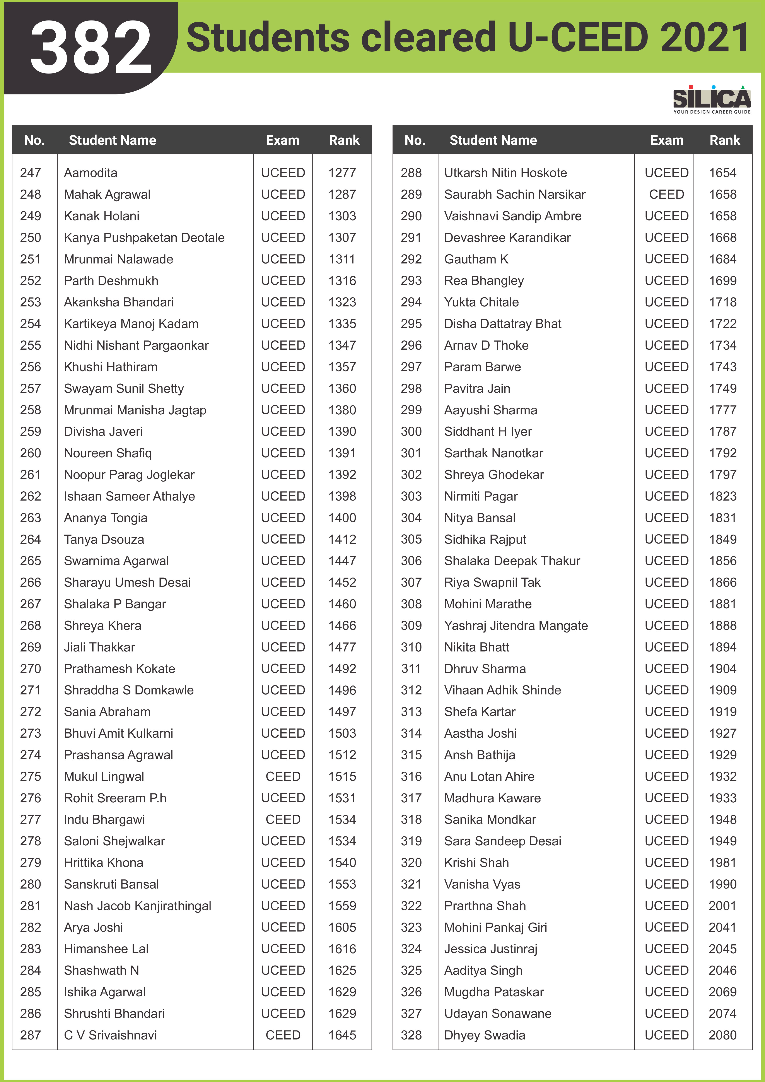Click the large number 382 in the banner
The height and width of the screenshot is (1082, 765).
coord(91,47)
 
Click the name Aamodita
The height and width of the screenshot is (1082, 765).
coord(91,173)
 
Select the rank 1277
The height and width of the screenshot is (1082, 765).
coord(342,173)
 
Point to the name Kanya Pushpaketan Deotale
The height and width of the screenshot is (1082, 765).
coord(144,238)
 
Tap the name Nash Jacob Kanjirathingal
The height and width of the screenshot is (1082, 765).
coord(138,906)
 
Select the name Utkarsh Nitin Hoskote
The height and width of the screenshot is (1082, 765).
coord(505,173)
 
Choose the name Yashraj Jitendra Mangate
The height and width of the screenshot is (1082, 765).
coord(516,625)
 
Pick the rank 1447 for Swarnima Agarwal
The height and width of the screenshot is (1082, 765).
coord(342,561)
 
